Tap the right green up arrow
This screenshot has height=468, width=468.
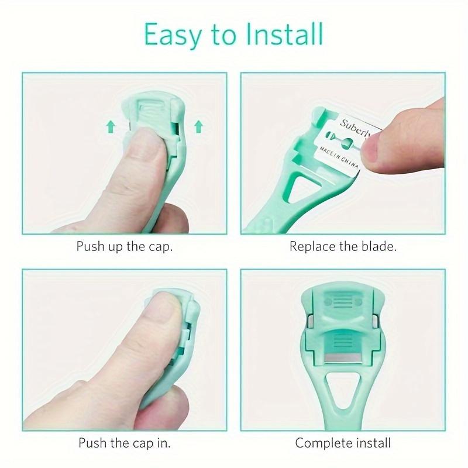198,125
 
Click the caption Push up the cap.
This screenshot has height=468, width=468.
124,246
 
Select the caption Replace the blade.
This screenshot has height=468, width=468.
343,246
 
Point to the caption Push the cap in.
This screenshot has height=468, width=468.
124,443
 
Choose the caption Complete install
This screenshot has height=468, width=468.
343,443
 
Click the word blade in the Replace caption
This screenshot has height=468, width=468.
378,246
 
